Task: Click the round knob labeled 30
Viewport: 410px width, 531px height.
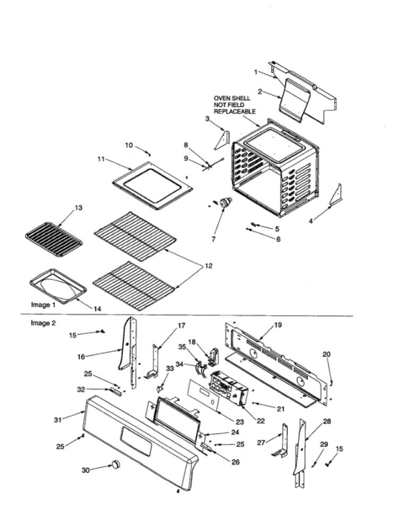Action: pyautogui.click(x=116, y=464)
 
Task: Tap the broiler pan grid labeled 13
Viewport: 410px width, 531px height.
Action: pyautogui.click(x=54, y=239)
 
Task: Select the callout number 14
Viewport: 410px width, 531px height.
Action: pyautogui.click(x=97, y=308)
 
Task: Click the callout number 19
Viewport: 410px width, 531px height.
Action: pyautogui.click(x=278, y=325)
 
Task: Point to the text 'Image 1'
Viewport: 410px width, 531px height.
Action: pyautogui.click(x=43, y=305)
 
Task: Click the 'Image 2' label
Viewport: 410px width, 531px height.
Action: pyautogui.click(x=43, y=323)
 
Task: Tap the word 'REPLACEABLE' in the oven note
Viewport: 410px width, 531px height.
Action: pyautogui.click(x=235, y=112)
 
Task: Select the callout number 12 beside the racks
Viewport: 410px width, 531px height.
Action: pyautogui.click(x=208, y=266)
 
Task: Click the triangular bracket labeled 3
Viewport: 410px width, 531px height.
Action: pyautogui.click(x=222, y=140)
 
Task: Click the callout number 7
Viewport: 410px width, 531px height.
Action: pyautogui.click(x=213, y=239)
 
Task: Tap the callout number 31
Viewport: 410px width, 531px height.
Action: pyautogui.click(x=58, y=420)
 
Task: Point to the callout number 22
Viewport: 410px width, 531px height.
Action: pyautogui.click(x=261, y=421)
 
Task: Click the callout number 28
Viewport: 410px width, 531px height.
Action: pyautogui.click(x=327, y=421)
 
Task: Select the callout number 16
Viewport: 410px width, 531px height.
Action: pyautogui.click(x=81, y=357)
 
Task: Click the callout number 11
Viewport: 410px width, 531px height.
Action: pyautogui.click(x=101, y=158)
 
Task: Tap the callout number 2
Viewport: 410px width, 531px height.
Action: pyautogui.click(x=260, y=92)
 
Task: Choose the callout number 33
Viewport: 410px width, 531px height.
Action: pyautogui.click(x=170, y=368)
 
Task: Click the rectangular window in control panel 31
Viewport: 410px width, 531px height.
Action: pyautogui.click(x=136, y=441)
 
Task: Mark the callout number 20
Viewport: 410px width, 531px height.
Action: pyautogui.click(x=326, y=354)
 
